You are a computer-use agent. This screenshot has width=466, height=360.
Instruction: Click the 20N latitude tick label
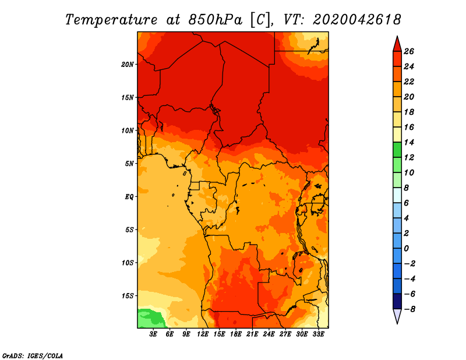pos(128,65)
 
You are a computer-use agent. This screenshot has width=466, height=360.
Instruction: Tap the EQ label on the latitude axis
pos(129,197)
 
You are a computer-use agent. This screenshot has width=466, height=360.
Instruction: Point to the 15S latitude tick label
pos(128,296)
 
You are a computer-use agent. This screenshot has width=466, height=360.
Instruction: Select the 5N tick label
pos(129,164)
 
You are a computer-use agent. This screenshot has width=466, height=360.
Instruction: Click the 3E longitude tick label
pos(153,334)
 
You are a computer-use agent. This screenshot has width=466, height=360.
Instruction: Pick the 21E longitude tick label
pos(252,334)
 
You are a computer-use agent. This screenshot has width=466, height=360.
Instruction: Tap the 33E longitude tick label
pos(318,334)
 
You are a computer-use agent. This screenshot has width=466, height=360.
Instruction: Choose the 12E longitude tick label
pos(203,334)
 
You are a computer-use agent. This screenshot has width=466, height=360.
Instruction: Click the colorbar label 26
pos(409,51)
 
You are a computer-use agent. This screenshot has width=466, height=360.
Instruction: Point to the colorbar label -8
pos(409,309)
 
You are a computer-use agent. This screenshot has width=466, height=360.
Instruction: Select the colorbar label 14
pos(409,142)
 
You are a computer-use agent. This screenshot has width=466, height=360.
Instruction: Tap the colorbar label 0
pos(406,249)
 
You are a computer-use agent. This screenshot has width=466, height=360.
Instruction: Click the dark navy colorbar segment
pos(397,301)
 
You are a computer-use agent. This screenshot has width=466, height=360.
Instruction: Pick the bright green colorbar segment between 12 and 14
pos(397,150)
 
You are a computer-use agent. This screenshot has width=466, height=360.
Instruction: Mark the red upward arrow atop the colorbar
pos(397,44)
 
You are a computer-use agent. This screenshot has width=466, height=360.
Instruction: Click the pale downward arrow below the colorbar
pos(397,316)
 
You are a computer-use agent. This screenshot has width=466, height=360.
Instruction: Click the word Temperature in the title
pos(111,20)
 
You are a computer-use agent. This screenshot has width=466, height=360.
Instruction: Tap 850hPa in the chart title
pos(216,20)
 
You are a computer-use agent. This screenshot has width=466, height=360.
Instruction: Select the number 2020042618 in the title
pos(357,20)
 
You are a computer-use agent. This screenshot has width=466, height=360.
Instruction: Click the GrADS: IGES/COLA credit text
pos(33,355)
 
